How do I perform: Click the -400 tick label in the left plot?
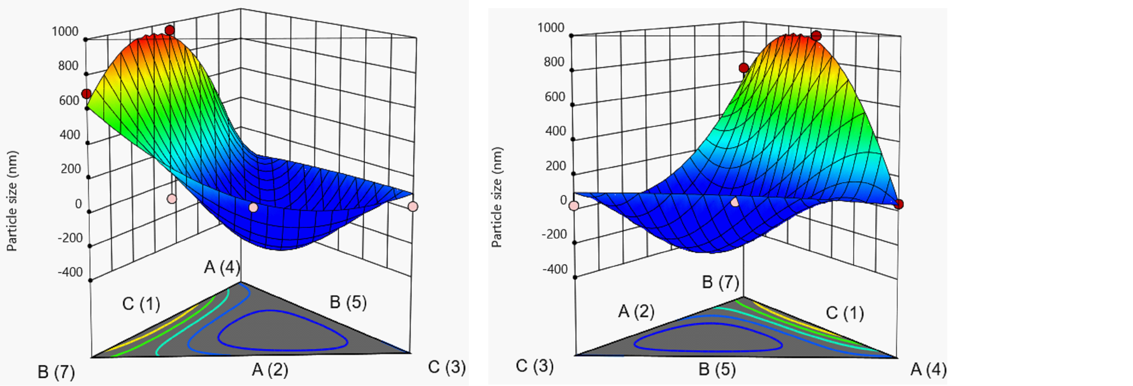click(70, 272)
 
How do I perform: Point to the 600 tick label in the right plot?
click(554, 97)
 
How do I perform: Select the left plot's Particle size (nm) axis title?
click(12, 201)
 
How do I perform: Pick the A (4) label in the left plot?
click(222, 267)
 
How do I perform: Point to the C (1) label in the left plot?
click(141, 304)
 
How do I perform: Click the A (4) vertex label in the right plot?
click(928, 369)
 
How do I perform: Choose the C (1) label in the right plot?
click(844, 313)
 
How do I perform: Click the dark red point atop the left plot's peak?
click(170, 30)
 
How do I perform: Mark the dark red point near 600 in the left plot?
click(87, 94)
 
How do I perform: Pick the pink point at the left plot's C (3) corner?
click(412, 206)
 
